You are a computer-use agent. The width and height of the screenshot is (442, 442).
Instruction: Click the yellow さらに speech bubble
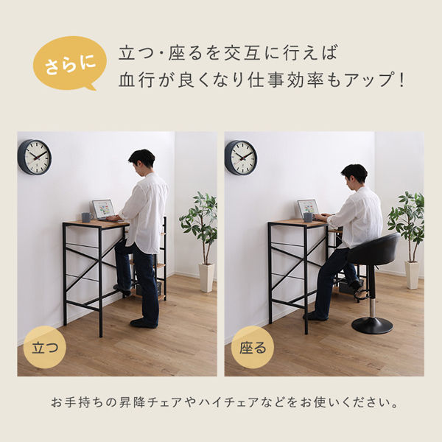[66, 63]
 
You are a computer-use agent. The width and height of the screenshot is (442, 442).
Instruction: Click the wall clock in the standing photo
[35, 157]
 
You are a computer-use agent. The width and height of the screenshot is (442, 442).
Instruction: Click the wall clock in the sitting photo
[241, 158]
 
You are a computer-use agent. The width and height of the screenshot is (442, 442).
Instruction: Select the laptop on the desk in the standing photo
[103, 209]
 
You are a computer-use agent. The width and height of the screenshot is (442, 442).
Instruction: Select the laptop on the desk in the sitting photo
[307, 208]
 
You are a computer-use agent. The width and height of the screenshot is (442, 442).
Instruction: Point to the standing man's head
[141, 159]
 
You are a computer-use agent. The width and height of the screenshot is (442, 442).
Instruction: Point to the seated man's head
[354, 175]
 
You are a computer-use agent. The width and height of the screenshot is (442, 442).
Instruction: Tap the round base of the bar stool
[372, 325]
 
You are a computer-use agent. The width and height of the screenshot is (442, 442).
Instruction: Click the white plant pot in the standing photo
[206, 277]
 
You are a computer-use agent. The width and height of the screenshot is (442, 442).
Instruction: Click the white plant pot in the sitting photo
[412, 275]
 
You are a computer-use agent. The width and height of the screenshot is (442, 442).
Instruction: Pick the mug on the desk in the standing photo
[86, 217]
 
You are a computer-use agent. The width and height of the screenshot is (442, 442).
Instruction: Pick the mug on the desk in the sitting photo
[308, 217]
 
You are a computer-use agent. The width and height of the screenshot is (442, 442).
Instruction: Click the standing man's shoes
[143, 323]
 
